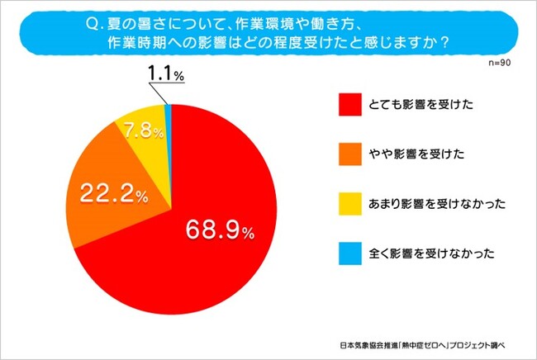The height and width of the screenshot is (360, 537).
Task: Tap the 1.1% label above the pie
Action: pyautogui.click(x=165, y=75)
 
